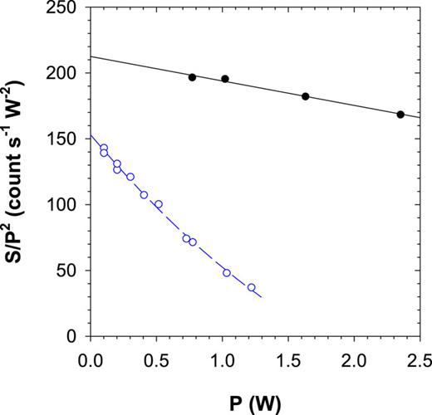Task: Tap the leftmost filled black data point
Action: tap(192, 77)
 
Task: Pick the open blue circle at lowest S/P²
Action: tap(251, 287)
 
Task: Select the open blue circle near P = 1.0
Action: tap(226, 272)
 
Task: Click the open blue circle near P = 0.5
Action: tap(158, 204)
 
